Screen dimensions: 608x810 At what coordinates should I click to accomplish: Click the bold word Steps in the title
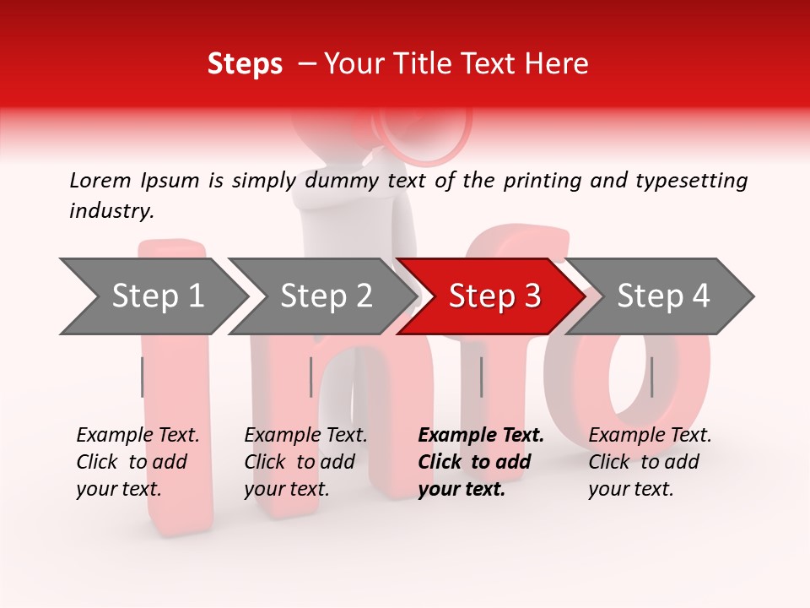pyautogui.click(x=245, y=64)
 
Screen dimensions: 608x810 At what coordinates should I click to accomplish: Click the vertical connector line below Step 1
pyautogui.click(x=143, y=377)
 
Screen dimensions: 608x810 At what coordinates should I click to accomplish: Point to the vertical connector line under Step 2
pyautogui.click(x=311, y=377)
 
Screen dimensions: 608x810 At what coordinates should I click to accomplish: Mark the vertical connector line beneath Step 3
pyautogui.click(x=482, y=377)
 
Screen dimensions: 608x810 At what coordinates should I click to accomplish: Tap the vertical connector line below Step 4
pyautogui.click(x=652, y=377)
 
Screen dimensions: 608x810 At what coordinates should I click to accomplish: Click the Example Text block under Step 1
pyautogui.click(x=138, y=462)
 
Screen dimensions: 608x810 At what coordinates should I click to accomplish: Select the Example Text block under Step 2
pyautogui.click(x=305, y=462)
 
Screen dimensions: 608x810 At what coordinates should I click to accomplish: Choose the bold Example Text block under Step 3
pyautogui.click(x=481, y=462)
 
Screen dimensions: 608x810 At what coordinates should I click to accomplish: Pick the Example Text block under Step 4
pyautogui.click(x=650, y=462)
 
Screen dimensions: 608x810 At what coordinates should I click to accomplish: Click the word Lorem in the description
pyautogui.click(x=100, y=180)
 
